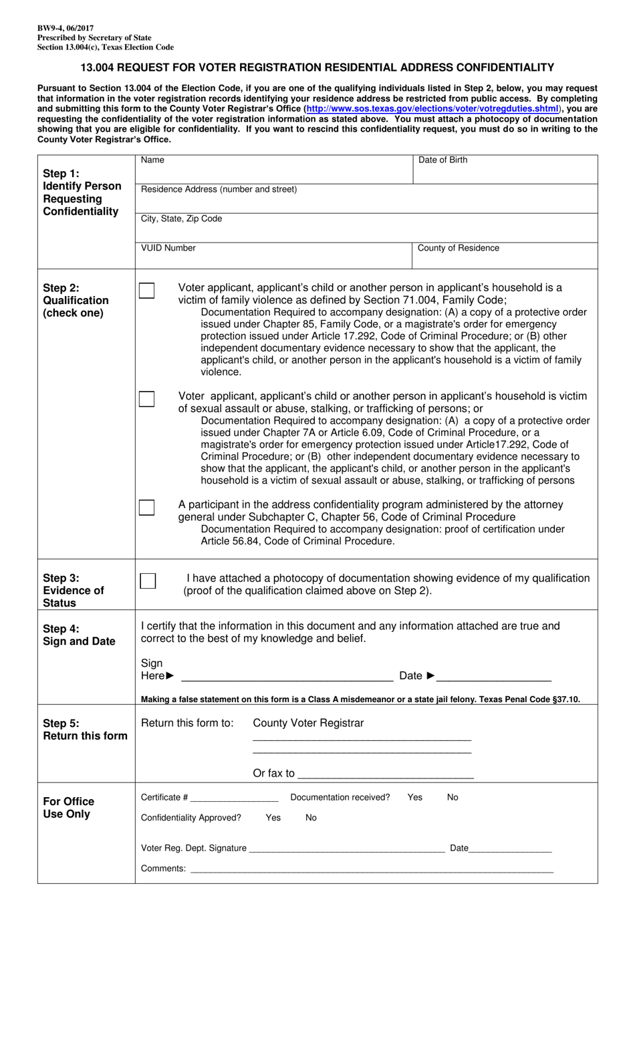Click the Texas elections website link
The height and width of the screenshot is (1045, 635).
[432, 109]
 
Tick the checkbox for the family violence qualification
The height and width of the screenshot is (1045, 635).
[146, 291]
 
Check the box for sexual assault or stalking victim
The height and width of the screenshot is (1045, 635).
[146, 399]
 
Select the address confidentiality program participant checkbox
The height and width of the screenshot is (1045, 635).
[146, 507]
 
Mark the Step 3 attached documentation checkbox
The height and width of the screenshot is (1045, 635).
[148, 581]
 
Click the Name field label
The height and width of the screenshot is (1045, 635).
[152, 160]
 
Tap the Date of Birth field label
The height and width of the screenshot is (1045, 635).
[442, 160]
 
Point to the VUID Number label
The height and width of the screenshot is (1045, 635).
[168, 248]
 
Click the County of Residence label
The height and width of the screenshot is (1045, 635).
[458, 248]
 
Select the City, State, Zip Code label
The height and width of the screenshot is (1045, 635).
[181, 218]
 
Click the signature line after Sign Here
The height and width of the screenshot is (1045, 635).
[287, 677]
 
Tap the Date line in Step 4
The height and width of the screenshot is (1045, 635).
[495, 677]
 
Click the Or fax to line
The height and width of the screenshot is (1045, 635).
[386, 775]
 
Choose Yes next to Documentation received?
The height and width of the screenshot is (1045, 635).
[414, 797]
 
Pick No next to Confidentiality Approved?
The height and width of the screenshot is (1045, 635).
[311, 818]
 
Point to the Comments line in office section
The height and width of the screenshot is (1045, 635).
[372, 870]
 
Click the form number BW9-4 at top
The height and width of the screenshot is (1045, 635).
[66, 29]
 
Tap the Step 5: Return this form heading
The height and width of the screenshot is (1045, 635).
[85, 730]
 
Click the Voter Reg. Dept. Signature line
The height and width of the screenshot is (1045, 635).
[346, 849]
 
